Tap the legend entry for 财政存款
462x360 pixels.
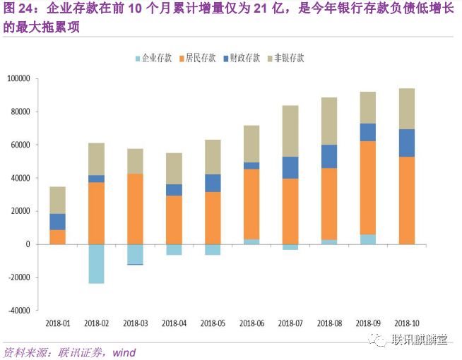(x=244, y=59)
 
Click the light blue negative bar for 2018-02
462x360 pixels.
(x=96, y=263)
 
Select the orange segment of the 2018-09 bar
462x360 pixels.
(x=367, y=188)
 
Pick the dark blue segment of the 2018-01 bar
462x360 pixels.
(x=58, y=222)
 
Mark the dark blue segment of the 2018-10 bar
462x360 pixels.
(x=406, y=143)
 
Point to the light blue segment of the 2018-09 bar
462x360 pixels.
(x=367, y=239)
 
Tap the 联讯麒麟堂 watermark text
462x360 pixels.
(x=421, y=340)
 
